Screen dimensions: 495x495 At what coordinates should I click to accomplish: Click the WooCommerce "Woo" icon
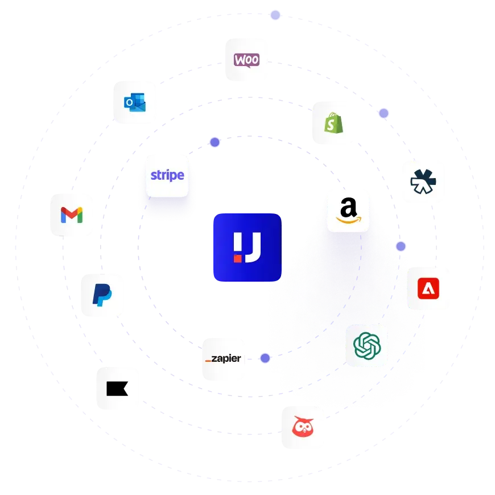pyautogui.click(x=246, y=60)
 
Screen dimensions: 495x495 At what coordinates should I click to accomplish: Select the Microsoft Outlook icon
pyautogui.click(x=135, y=103)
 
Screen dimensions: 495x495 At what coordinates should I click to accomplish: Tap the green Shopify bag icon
pyautogui.click(x=332, y=123)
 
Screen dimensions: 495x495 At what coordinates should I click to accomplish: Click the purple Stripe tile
pyautogui.click(x=167, y=175)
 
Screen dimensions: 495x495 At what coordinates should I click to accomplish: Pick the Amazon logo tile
pyautogui.click(x=348, y=209)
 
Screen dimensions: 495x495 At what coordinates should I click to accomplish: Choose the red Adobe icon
pyautogui.click(x=428, y=287)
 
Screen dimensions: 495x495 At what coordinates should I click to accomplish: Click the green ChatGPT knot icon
pyautogui.click(x=366, y=345)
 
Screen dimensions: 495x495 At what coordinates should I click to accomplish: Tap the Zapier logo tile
pyautogui.click(x=223, y=359)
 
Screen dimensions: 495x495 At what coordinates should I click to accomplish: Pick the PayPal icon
pyautogui.click(x=102, y=295)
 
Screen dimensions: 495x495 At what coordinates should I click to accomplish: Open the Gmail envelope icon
pyautogui.click(x=72, y=214)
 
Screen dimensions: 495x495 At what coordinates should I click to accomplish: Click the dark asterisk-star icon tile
pyautogui.click(x=423, y=182)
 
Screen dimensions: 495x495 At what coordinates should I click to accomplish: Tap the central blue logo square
pyautogui.click(x=247, y=247)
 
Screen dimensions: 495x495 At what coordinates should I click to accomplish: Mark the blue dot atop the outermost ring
pyautogui.click(x=275, y=15)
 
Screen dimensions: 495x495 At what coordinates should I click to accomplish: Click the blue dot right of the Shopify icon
pyautogui.click(x=383, y=114)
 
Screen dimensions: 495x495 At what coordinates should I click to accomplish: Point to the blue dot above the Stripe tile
pyautogui.click(x=214, y=142)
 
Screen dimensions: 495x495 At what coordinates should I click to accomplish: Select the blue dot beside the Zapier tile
pyautogui.click(x=265, y=358)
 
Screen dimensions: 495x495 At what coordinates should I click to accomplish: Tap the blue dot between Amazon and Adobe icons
pyautogui.click(x=401, y=246)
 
